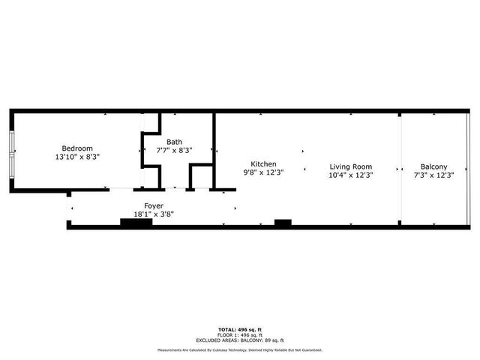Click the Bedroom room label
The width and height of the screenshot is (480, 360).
click(77, 148)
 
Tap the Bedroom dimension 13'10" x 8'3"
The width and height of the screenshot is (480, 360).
click(77, 157)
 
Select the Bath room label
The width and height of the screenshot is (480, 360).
click(174, 142)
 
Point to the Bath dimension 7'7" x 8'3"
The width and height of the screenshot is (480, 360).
click(174, 151)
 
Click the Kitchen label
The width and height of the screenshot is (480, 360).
click(263, 164)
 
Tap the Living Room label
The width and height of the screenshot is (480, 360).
click(351, 166)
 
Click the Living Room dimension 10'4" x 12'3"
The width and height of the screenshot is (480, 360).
click(351, 175)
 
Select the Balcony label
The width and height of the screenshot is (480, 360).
click(434, 166)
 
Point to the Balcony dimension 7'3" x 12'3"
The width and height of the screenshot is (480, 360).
click(434, 175)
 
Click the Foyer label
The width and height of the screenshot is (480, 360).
click(154, 205)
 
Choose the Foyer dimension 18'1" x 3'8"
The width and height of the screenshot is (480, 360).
click(154, 214)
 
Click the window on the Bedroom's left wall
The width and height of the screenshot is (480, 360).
click(11, 155)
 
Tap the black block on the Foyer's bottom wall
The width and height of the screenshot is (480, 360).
click(136, 222)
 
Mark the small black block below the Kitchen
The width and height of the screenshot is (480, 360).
click(283, 222)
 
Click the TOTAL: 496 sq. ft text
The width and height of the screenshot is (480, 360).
click(240, 330)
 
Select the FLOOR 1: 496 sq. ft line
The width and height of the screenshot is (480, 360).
click(240, 335)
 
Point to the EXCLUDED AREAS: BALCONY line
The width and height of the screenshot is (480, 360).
click(240, 340)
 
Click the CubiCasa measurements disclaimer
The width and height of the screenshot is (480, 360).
click(240, 350)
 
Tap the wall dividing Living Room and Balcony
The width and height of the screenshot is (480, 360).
click(400, 169)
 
